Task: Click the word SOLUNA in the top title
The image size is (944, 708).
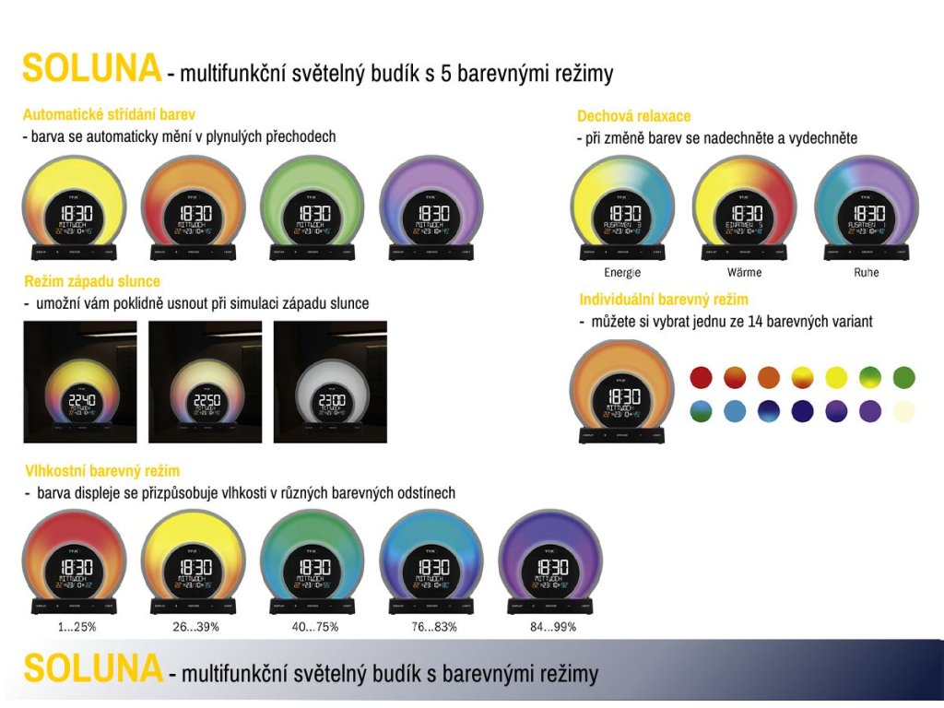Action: (91, 69)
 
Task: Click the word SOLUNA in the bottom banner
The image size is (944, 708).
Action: (92, 668)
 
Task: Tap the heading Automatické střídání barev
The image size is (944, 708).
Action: (109, 115)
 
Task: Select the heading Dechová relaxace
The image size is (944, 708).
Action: (633, 116)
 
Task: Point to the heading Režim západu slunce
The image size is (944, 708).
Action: (92, 281)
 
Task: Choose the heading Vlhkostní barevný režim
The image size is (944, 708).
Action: (102, 471)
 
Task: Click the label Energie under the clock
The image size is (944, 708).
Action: (622, 273)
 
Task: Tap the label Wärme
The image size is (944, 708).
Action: (744, 273)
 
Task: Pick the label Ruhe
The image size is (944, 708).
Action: (866, 273)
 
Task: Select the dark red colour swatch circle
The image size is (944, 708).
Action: (702, 377)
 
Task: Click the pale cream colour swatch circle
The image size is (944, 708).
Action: (904, 411)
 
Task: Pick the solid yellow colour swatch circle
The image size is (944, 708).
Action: (836, 377)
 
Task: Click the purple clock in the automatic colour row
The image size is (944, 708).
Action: (432, 207)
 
